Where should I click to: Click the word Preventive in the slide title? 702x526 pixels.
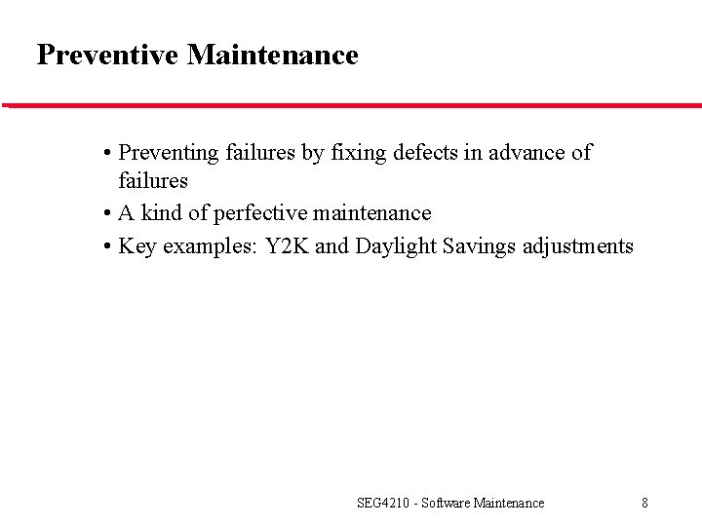[x=108, y=56]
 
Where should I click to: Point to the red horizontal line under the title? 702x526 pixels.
[x=351, y=105]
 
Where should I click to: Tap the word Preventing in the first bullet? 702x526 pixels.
[x=169, y=153]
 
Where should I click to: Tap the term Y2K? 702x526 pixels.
[x=288, y=246]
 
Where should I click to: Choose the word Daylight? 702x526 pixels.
[x=396, y=246]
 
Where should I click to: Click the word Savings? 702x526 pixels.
[x=480, y=246]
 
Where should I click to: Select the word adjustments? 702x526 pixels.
[x=578, y=246]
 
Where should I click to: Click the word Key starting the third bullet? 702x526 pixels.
[x=136, y=246]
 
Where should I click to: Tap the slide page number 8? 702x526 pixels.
[x=644, y=504]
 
